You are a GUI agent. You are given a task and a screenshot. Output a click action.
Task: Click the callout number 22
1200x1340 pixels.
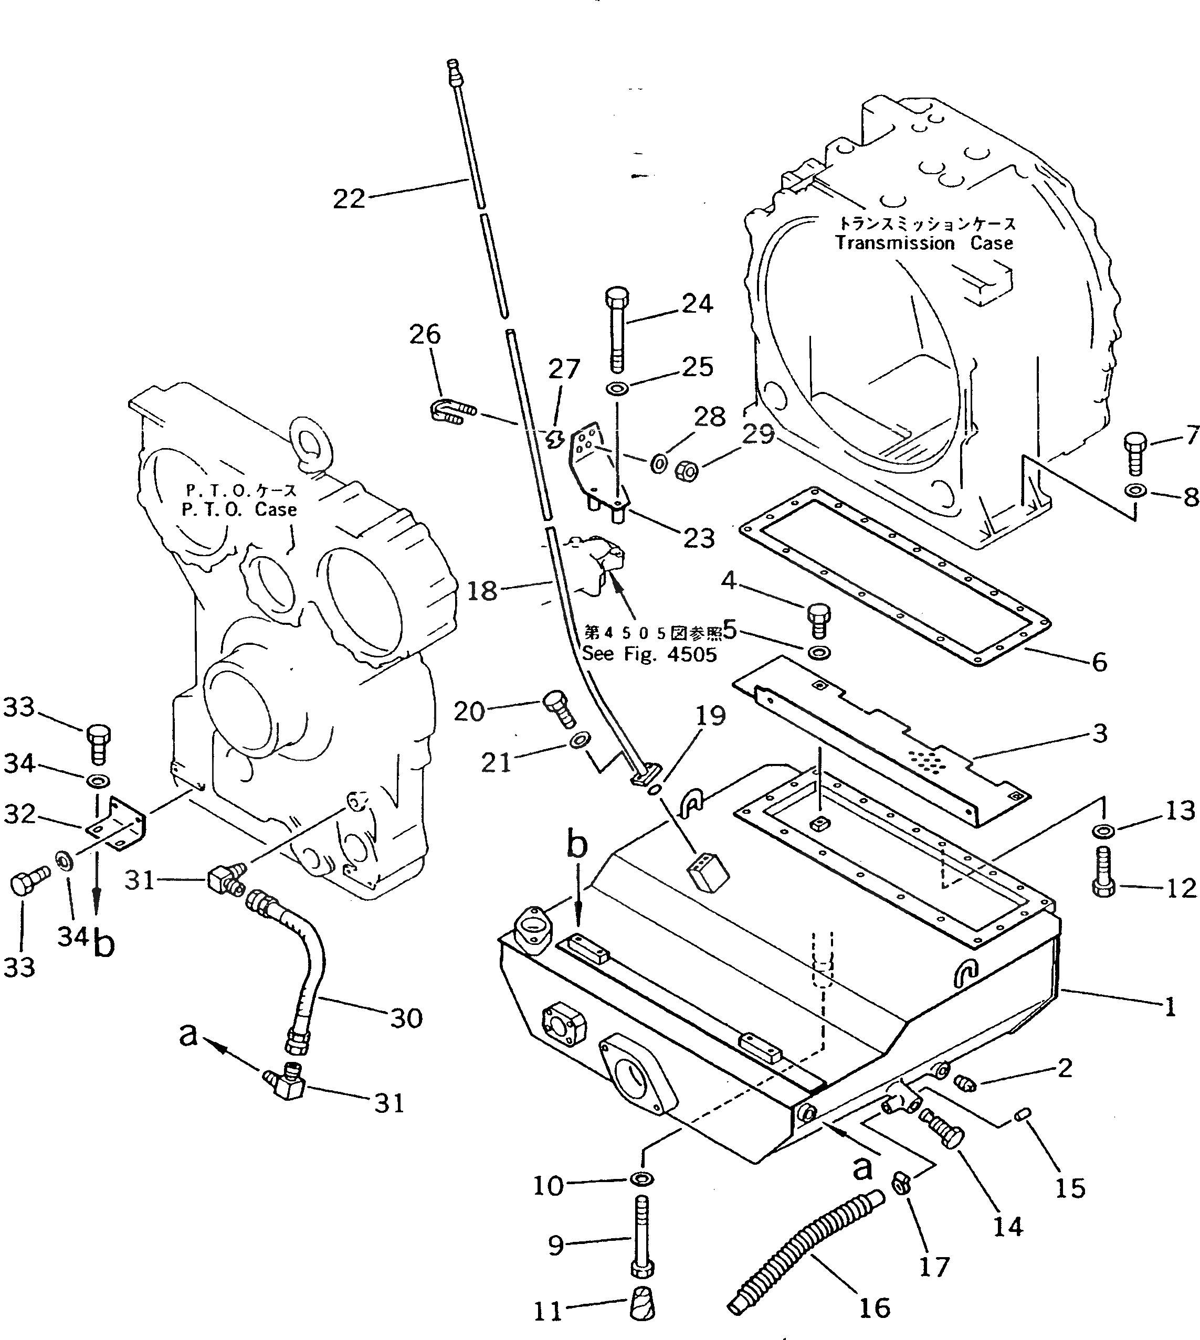click(349, 198)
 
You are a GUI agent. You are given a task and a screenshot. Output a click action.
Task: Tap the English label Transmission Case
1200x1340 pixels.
click(924, 243)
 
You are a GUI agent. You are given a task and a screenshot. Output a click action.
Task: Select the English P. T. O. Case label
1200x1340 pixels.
click(239, 509)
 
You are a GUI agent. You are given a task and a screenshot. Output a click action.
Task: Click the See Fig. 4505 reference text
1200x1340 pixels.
click(649, 654)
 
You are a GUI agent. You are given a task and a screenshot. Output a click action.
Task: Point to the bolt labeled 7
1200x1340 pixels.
click(1135, 453)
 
